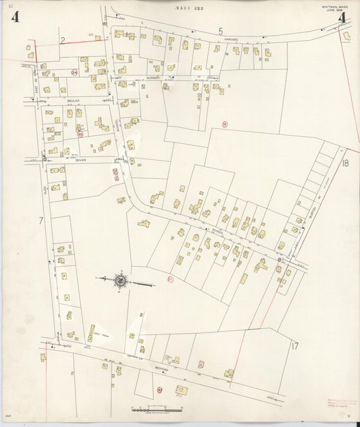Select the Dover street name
(x=81, y=160)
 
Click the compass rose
(x=120, y=278)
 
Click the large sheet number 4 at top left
(x=15, y=18)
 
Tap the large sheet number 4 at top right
(x=342, y=18)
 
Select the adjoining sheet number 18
(x=346, y=164)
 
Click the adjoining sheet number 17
(x=294, y=346)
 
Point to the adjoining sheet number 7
(x=41, y=221)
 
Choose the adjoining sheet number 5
(x=221, y=31)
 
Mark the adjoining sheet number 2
(x=62, y=41)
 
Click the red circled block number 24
(x=75, y=72)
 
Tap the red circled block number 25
(x=80, y=134)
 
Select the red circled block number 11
(x=171, y=278)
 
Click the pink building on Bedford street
(x=201, y=364)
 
